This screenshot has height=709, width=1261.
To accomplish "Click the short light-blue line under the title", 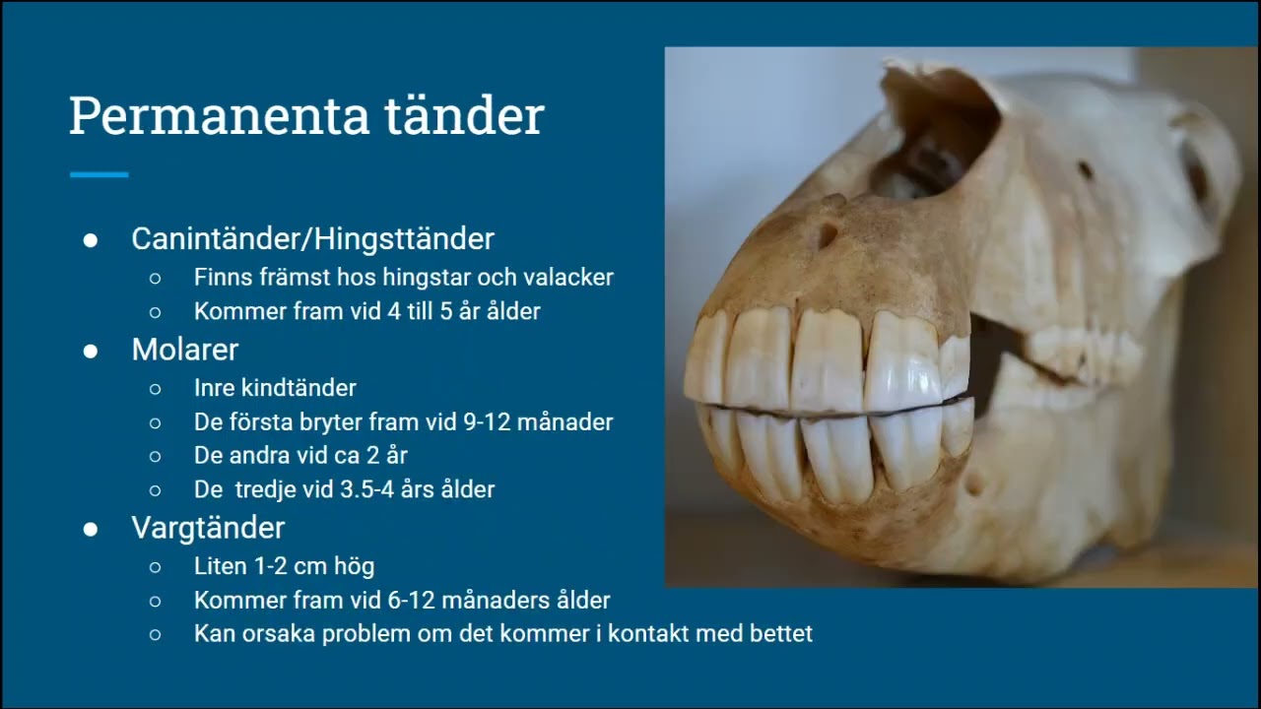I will [100, 174].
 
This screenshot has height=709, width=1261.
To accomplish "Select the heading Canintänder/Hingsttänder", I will [312, 238].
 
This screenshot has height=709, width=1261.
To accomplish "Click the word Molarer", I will [185, 349].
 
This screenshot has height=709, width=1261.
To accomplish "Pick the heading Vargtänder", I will [208, 528].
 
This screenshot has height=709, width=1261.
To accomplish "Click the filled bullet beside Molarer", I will [91, 351].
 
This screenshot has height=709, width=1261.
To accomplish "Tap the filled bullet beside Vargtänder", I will [91, 530].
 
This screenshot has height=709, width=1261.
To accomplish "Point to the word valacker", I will [564, 278].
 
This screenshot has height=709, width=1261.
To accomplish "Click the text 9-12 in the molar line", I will [489, 422].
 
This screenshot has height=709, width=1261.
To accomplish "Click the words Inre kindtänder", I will [275, 388].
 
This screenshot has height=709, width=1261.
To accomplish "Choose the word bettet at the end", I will [778, 633].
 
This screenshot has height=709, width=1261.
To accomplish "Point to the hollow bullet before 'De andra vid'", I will [155, 457].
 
